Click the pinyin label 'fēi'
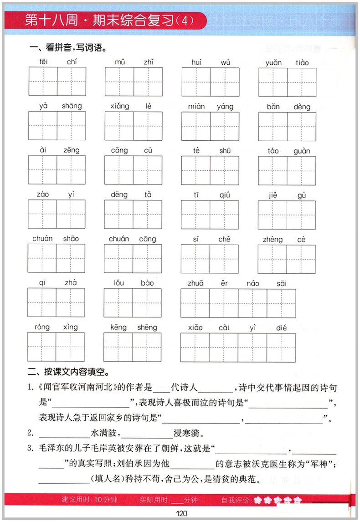tap(43, 62)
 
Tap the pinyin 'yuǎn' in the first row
tap(273, 62)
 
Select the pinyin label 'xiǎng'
tap(119, 106)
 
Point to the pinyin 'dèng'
tap(302, 107)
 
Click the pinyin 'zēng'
tap(72, 150)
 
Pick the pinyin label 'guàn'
tap(302, 151)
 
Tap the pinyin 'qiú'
tap(224, 195)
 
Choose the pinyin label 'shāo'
tap(71, 239)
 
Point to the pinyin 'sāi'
tap(282, 283)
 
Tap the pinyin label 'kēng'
tap(118, 327)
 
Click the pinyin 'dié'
tap(281, 327)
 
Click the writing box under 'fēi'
tap(43, 82)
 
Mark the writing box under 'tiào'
tap(302, 82)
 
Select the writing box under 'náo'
tap(252, 303)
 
